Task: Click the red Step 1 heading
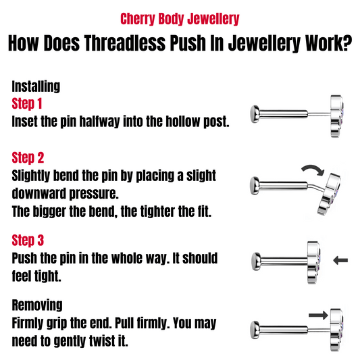coord(27,104)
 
